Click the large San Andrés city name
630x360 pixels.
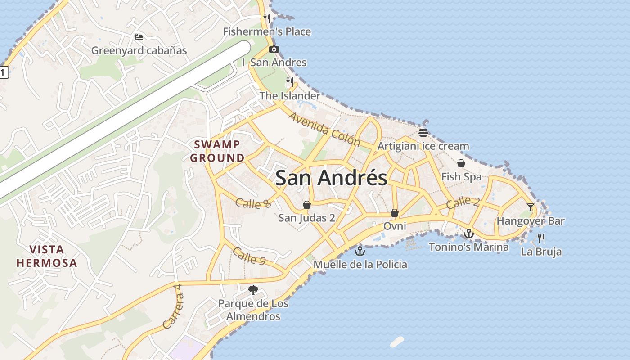coord(331,178)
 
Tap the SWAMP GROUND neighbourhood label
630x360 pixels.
coord(217,151)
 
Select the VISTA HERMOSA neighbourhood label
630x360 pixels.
coord(47,256)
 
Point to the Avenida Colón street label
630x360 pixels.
coord(324,129)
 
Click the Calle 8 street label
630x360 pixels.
coord(253,203)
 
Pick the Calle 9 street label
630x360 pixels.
coord(249,256)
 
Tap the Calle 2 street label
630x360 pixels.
coord(463,202)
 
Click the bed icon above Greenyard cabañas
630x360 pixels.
coord(139,37)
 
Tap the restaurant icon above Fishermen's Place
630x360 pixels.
coord(267,18)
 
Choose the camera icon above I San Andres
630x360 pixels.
coord(274,49)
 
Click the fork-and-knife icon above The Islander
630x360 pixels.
coord(290,82)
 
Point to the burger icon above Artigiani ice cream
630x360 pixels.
coord(423,133)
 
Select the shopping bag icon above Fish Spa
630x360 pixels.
coord(461,163)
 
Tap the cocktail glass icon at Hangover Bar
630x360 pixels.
coord(531,207)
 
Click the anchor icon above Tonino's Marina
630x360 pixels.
coord(469,234)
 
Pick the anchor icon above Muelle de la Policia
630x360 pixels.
coord(360,251)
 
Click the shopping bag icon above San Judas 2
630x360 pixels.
coord(307,205)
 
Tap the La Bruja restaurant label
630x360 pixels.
coord(541,252)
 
